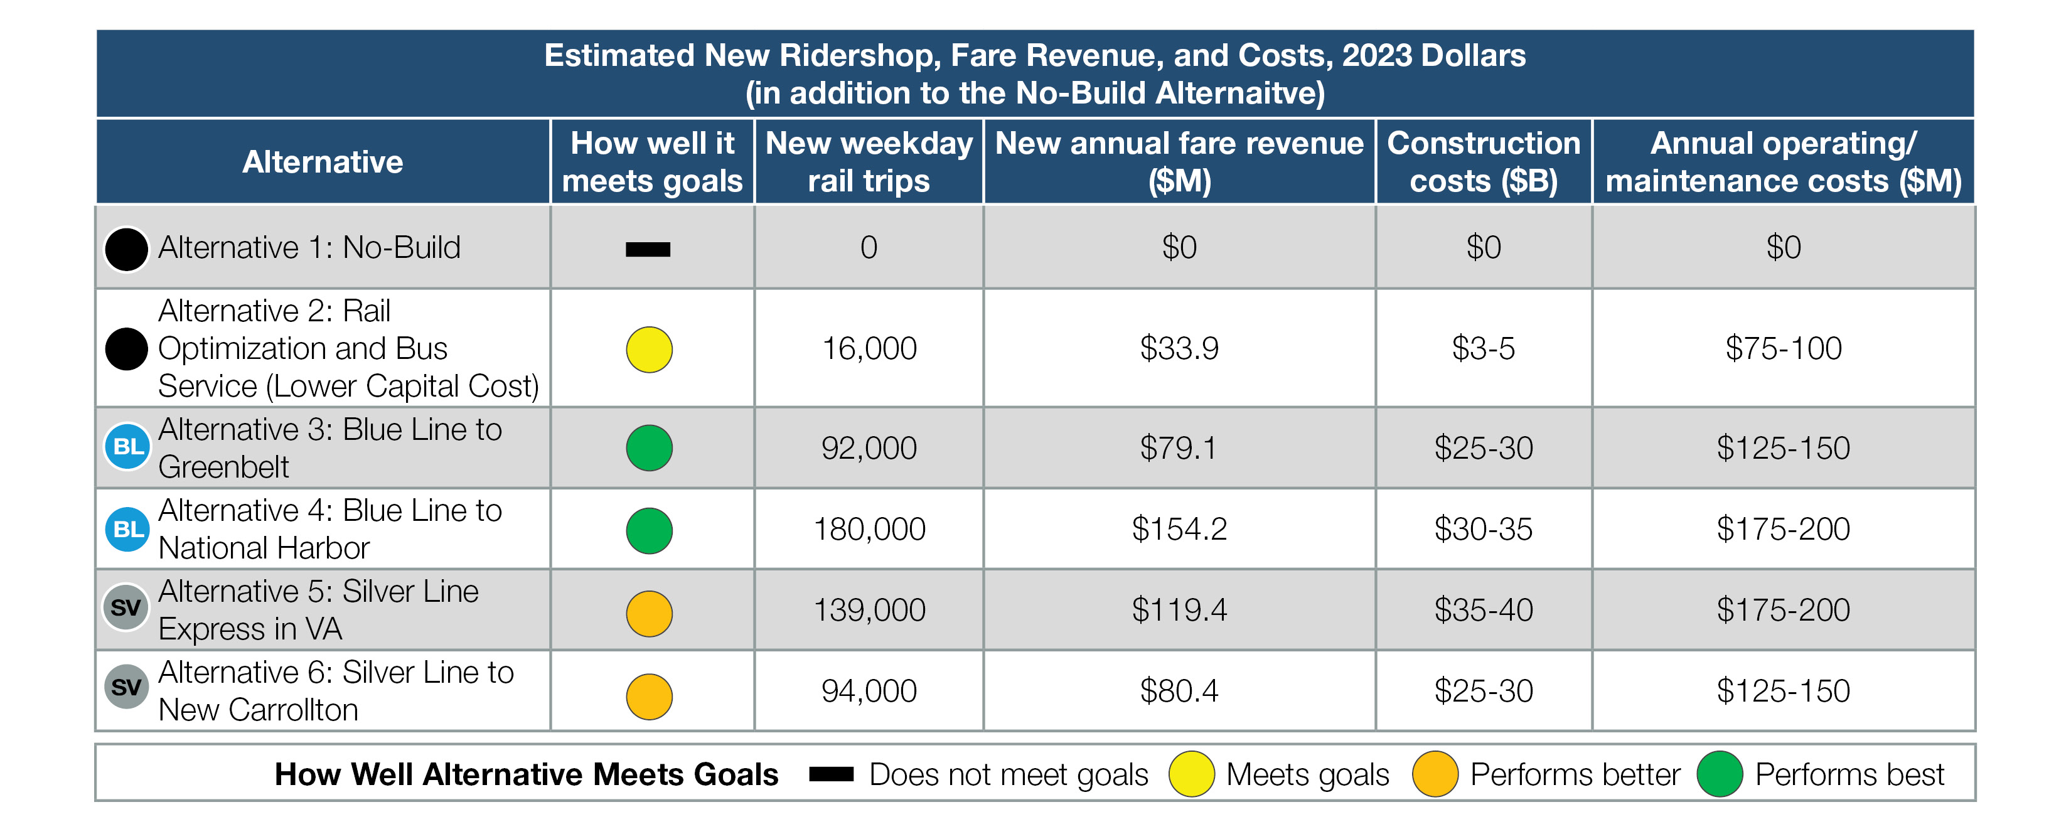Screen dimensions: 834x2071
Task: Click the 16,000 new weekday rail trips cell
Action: pyautogui.click(x=869, y=348)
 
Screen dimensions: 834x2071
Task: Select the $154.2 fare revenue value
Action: pyautogui.click(x=1179, y=529)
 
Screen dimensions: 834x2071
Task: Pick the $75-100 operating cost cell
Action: pyautogui.click(x=1782, y=348)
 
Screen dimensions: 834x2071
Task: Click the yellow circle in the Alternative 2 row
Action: pyautogui.click(x=649, y=350)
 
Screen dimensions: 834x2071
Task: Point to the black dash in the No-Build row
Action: pyautogui.click(x=648, y=249)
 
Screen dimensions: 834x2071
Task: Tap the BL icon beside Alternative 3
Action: pyautogui.click(x=127, y=446)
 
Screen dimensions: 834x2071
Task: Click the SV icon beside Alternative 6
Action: pyautogui.click(x=126, y=688)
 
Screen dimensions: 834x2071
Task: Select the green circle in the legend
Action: pyautogui.click(x=1719, y=774)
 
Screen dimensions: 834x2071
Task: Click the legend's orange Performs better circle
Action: pyautogui.click(x=1435, y=774)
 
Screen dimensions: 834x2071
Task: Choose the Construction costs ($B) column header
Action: pyautogui.click(x=1484, y=162)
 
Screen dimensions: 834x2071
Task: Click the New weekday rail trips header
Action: pyautogui.click(x=869, y=162)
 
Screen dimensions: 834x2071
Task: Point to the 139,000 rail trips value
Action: pyautogui.click(x=869, y=609)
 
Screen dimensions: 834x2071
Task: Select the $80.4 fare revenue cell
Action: pyautogui.click(x=1179, y=691)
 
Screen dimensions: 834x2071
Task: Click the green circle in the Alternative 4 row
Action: pyautogui.click(x=649, y=531)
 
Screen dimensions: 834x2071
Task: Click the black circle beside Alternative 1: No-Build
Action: pyautogui.click(x=126, y=249)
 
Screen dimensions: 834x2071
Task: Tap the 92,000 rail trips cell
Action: pyautogui.click(x=869, y=448)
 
